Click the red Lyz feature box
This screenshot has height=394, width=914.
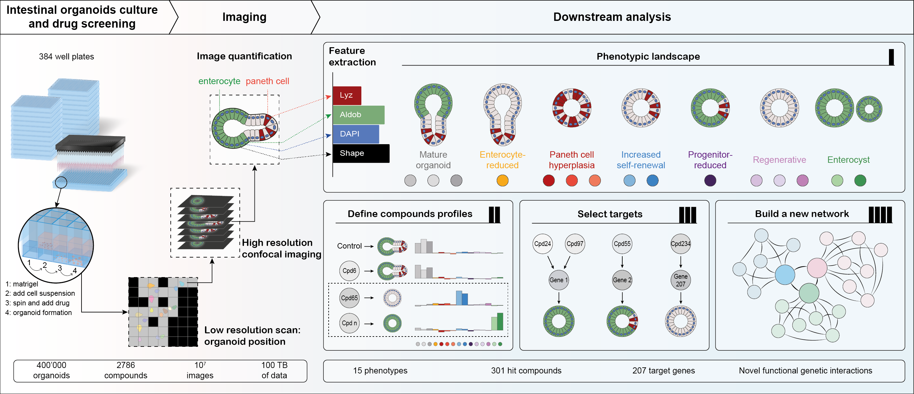[347, 95]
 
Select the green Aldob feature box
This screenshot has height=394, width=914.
[358, 115]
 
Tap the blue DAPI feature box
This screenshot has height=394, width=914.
[356, 134]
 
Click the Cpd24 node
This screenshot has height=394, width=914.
[542, 244]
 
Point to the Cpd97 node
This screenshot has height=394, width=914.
[574, 244]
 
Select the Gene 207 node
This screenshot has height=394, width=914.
[680, 280]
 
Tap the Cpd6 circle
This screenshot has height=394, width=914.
[349, 271]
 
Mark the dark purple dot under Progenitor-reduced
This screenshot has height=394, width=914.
[710, 181]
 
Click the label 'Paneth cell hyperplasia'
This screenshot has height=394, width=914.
[571, 160]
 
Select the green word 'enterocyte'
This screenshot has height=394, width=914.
[219, 81]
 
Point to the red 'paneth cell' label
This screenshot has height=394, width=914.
[267, 81]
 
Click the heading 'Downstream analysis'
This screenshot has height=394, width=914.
[612, 17]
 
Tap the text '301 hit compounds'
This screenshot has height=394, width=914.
[526, 371]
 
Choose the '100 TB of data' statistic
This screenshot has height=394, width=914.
[274, 370]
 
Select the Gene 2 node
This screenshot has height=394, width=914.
[622, 280]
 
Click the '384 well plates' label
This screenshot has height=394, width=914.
[66, 57]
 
